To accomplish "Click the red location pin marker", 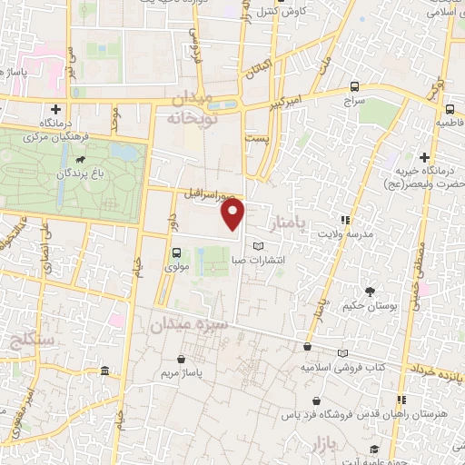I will click(x=233, y=214).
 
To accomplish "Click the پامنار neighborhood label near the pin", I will click(x=287, y=217).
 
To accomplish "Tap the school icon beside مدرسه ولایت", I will click(x=343, y=220).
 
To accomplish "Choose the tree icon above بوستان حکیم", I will click(x=370, y=292).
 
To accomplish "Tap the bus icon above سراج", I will click(x=353, y=87).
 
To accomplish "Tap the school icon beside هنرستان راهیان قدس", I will click(x=401, y=401).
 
